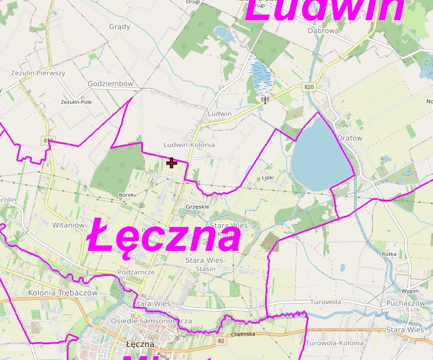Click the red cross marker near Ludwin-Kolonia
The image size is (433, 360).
point(172,162)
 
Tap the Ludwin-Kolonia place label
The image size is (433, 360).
point(189,145)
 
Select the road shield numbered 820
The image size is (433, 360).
point(309,87)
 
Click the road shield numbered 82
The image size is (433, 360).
point(220,340)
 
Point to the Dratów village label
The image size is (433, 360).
point(349,138)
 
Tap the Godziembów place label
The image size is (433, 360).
point(110,84)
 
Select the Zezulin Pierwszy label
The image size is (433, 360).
point(38,73)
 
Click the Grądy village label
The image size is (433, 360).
point(120,26)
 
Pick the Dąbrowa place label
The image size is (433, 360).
point(323,31)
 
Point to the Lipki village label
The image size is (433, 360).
point(268,177)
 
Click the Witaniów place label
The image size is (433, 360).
point(68,224)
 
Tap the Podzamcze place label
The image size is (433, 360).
point(136,272)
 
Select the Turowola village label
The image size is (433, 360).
point(325,301)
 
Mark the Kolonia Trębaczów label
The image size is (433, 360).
point(55,293)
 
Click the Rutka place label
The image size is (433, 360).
point(389,254)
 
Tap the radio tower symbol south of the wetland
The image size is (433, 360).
point(265,99)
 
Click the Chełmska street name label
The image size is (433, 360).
point(243,335)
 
